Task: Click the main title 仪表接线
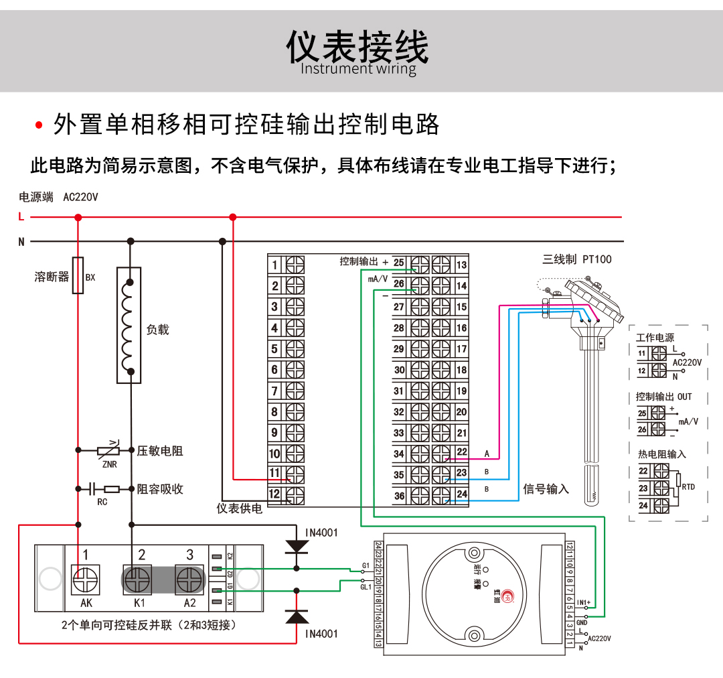tap(357, 47)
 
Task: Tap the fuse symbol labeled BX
tap(78, 275)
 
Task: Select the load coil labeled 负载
tap(129, 324)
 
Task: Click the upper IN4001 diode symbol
tap(297, 545)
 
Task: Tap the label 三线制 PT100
tap(577, 259)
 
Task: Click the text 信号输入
tap(546, 489)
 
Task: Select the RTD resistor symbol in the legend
tap(678, 480)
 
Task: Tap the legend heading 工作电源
tap(655, 338)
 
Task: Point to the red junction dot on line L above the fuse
tap(78, 217)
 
